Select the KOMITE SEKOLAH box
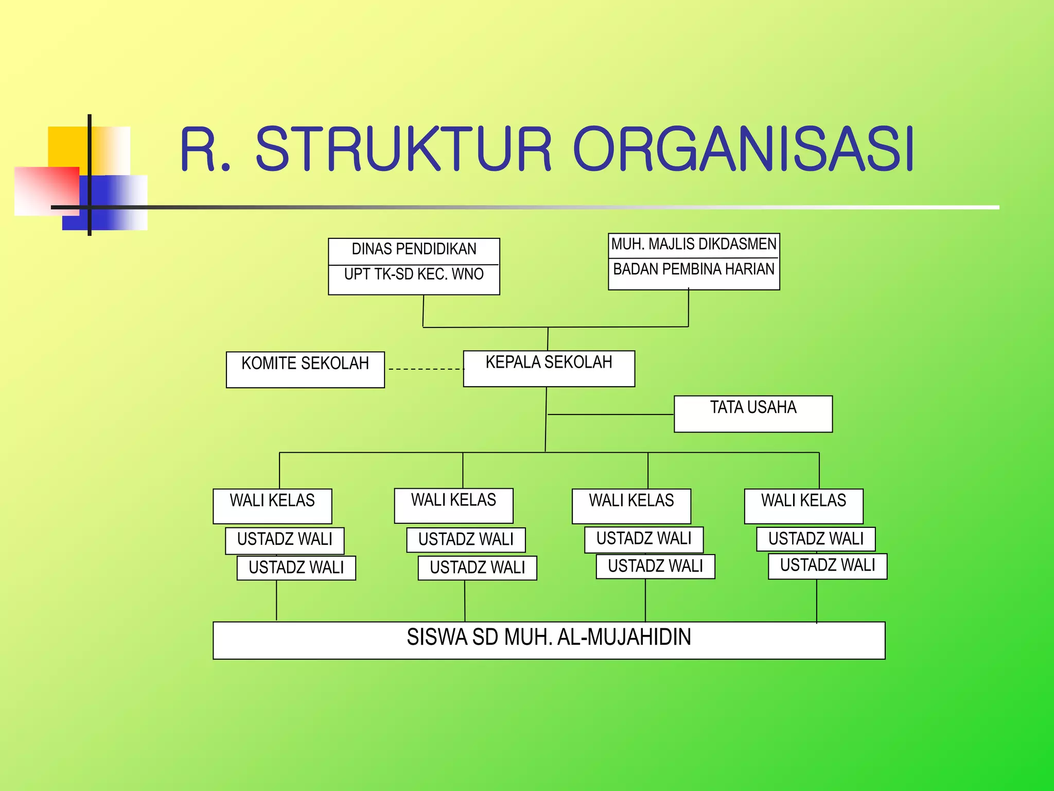coord(305,369)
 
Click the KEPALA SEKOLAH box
coord(549,368)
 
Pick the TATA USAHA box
coord(753,414)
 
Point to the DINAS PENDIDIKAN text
coord(414,249)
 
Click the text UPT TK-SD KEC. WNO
coord(414,274)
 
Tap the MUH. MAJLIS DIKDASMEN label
coord(693,244)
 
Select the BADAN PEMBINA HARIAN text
coord(693,269)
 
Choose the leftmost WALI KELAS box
coord(272,506)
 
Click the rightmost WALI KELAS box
coord(803,506)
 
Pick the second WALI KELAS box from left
coord(453,505)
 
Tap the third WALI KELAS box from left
coord(631,506)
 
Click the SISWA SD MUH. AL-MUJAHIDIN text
coord(549,638)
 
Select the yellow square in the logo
coord(67,146)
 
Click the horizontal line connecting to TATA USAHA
coord(610,414)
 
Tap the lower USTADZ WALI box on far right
coord(827,566)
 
